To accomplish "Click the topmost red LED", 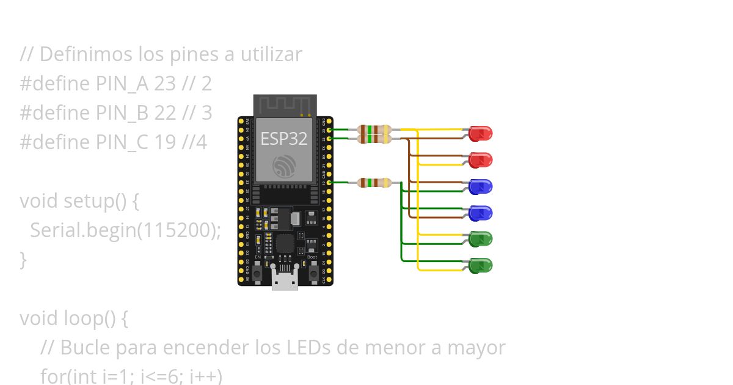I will (481, 133).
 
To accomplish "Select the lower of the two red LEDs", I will (481, 159).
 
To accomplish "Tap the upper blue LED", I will (481, 186).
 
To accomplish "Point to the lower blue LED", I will (481, 213).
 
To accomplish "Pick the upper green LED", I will (481, 239).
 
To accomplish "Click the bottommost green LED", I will (481, 265).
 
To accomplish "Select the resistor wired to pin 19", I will (374, 182).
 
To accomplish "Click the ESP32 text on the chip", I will (284, 139).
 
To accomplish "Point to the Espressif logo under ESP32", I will (284, 166).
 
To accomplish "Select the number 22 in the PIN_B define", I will (165, 113).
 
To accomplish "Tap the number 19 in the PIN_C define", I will (165, 142).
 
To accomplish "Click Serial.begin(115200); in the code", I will (125, 230).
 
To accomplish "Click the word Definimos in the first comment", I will (76, 54).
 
